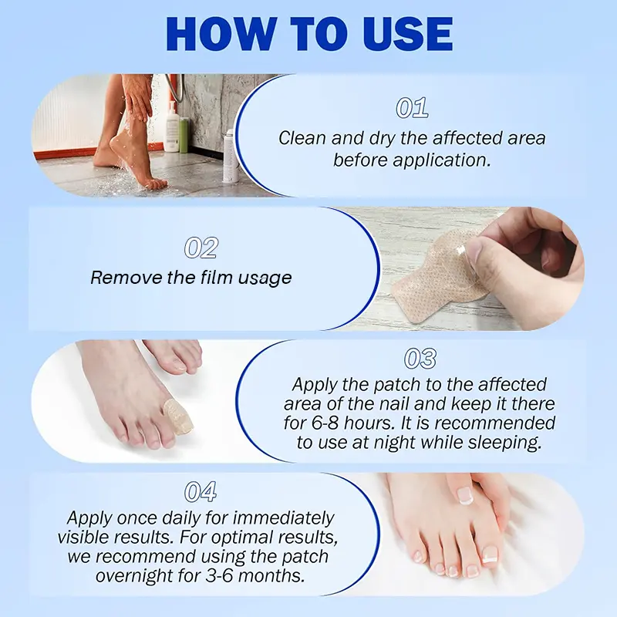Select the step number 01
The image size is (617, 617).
pyautogui.click(x=412, y=108)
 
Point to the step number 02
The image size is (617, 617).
pyautogui.click(x=201, y=248)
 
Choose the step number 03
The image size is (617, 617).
pyautogui.click(x=420, y=359)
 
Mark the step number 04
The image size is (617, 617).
pyautogui.click(x=201, y=491)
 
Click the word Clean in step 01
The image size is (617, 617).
pyautogui.click(x=302, y=138)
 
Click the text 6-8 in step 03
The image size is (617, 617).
pyautogui.click(x=325, y=423)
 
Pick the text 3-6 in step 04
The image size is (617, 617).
pyautogui.click(x=219, y=575)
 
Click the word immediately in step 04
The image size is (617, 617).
pyautogui.click(x=283, y=518)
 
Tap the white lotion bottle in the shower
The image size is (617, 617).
pyautogui.click(x=171, y=126)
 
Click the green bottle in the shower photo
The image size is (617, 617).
pyautogui.click(x=184, y=135)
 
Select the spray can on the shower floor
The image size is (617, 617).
pyautogui.click(x=228, y=157)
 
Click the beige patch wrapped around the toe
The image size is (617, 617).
pyautogui.click(x=179, y=416)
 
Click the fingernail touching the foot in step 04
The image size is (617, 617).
pyautogui.click(x=465, y=496)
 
